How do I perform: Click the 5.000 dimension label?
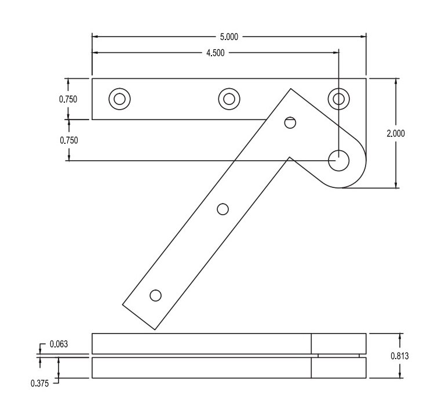[228, 37]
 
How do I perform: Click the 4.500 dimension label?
[216, 53]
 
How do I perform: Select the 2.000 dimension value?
[396, 133]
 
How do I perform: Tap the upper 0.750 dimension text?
[68, 99]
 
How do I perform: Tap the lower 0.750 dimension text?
[68, 140]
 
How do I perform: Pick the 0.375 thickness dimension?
[41, 382]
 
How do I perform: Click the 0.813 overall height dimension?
[400, 356]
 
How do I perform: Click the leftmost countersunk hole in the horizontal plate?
[119, 99]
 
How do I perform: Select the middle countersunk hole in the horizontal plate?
[229, 99]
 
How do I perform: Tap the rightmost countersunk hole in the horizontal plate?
[338, 99]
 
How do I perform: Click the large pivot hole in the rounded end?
[338, 160]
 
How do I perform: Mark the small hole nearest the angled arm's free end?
[155, 295]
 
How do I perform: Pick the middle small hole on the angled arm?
[222, 209]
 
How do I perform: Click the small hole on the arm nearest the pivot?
[290, 122]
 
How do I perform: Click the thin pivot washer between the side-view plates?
[339, 355]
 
